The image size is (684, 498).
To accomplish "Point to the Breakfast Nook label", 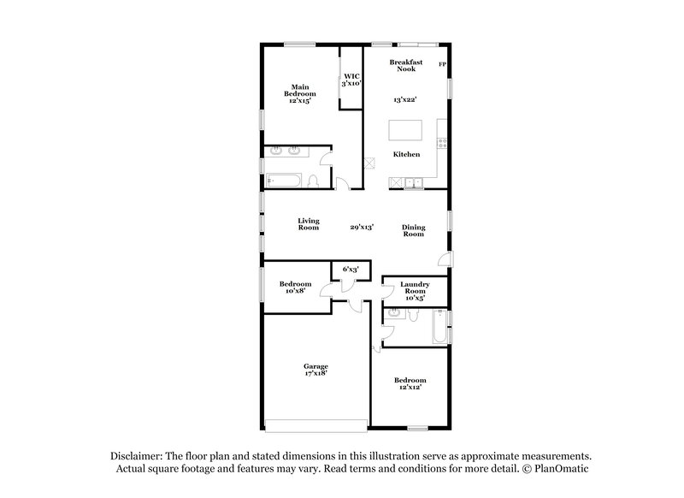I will [x=406, y=65].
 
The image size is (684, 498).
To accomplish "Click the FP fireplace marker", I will [x=442, y=65].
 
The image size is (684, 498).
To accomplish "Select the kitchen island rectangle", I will [x=405, y=130].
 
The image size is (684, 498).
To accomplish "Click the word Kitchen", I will [x=406, y=155].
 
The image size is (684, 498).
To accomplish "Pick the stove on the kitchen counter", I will [x=441, y=143].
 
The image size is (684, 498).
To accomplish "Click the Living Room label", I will [x=309, y=224].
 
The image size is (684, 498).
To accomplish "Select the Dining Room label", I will [x=414, y=230].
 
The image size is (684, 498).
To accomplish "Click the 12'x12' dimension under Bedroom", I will [x=409, y=388].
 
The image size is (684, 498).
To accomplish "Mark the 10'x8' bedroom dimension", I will [x=294, y=291].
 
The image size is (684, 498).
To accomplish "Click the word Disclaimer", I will [x=136, y=456].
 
